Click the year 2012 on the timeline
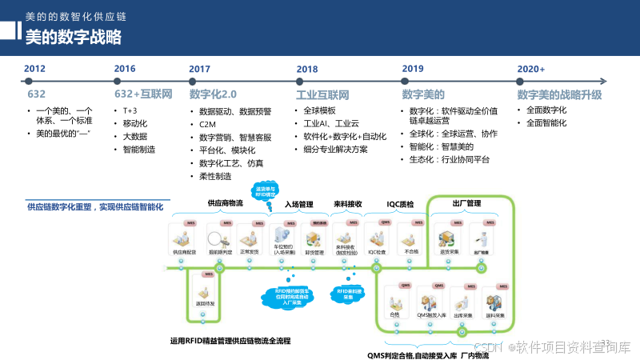(x=34, y=69)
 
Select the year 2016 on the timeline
(x=125, y=69)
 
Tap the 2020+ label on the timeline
(x=531, y=69)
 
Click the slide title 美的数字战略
(x=74, y=37)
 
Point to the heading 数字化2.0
(x=213, y=94)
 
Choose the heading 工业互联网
(x=323, y=94)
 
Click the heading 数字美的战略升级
(x=559, y=94)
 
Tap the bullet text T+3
(x=130, y=110)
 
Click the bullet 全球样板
(x=320, y=110)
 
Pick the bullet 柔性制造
(x=215, y=176)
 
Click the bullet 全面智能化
(x=546, y=123)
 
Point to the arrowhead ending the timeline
(x=606, y=79)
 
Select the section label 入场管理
(x=298, y=204)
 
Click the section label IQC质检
(x=399, y=204)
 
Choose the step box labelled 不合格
(x=411, y=240)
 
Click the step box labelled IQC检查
(x=378, y=240)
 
